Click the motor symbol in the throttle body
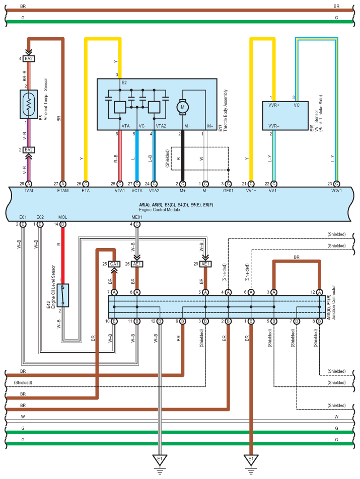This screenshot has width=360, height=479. [182, 107]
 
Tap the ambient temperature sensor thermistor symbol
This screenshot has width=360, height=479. [29, 104]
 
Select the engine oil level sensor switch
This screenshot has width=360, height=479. [63, 295]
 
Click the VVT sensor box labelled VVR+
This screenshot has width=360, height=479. [285, 116]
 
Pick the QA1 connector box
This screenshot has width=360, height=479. [114, 264]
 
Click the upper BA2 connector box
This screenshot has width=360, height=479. [29, 59]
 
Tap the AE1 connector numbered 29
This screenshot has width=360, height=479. [205, 264]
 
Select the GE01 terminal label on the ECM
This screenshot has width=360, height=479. [228, 191]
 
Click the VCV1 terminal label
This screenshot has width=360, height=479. [336, 191]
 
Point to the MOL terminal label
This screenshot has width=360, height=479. [62, 217]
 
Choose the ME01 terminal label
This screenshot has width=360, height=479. [137, 217]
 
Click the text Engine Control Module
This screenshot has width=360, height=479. [160, 210]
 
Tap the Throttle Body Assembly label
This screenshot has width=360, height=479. [226, 111]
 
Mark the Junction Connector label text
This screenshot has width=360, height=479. [334, 302]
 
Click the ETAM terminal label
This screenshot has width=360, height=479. [63, 191]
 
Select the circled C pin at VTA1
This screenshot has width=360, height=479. [120, 184]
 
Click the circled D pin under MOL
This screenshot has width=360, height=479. [62, 224]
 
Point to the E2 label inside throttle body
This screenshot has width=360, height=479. [124, 83]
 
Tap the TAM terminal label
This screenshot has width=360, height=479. [29, 191]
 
